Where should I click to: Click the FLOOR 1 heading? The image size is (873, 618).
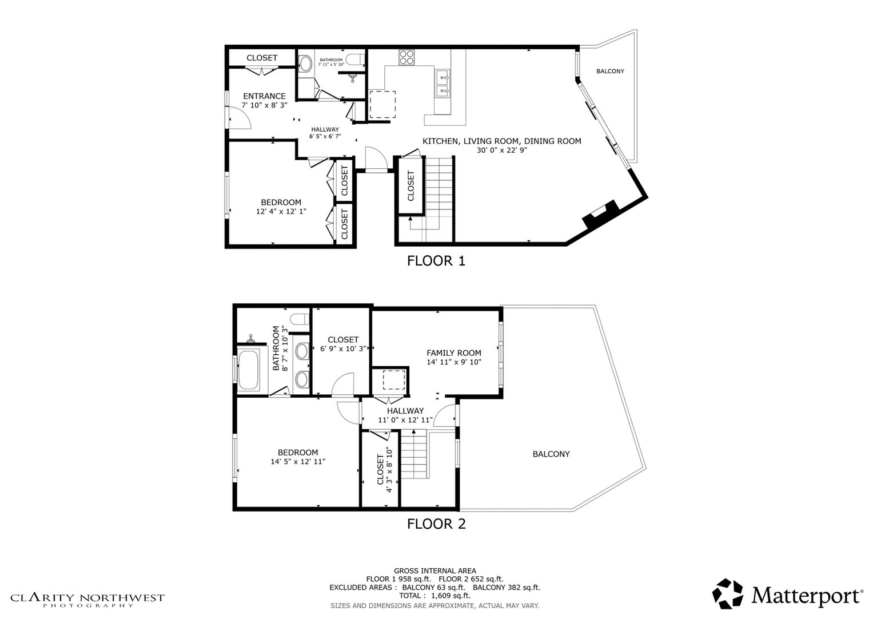pyautogui.click(x=436, y=260)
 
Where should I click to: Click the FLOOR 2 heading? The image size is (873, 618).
pyautogui.click(x=436, y=524)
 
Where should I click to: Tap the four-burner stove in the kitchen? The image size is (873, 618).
pyautogui.click(x=406, y=57)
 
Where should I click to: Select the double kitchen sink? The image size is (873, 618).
pyautogui.click(x=443, y=84)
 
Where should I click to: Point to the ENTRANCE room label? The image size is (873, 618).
pyautogui.click(x=264, y=96)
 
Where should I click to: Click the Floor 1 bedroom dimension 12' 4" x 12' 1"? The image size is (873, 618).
pyautogui.click(x=281, y=212)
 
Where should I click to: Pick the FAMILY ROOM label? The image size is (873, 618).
pyautogui.click(x=453, y=352)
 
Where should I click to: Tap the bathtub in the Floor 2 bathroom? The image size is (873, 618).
pyautogui.click(x=248, y=370)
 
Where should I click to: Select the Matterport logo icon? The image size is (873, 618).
pyautogui.click(x=728, y=593)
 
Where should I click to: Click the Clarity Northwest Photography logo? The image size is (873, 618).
pyautogui.click(x=87, y=600)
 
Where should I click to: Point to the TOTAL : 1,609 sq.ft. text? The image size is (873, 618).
pyautogui.click(x=434, y=596)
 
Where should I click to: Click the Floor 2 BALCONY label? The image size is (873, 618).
pyautogui.click(x=551, y=454)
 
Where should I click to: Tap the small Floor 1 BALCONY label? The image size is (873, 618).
pyautogui.click(x=610, y=71)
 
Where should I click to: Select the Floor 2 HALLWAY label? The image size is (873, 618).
pyautogui.click(x=405, y=411)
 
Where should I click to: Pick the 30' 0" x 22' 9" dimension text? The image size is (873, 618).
pyautogui.click(x=502, y=150)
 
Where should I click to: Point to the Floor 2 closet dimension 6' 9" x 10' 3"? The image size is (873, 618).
pyautogui.click(x=342, y=348)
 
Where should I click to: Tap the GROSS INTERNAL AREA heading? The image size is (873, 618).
pyautogui.click(x=435, y=571)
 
